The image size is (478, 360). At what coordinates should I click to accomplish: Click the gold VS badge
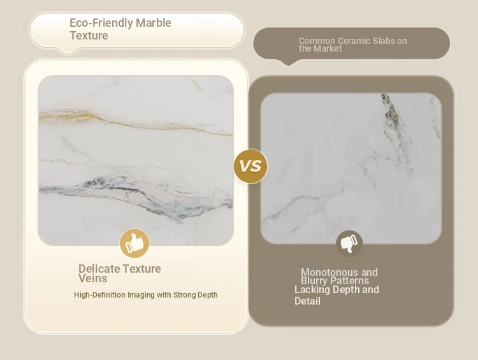pyautogui.click(x=250, y=166)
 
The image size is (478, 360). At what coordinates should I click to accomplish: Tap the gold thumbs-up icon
pyautogui.click(x=134, y=243)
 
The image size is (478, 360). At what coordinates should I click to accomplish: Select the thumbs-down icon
pyautogui.click(x=349, y=244)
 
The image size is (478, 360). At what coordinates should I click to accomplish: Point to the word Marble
pyautogui.click(x=154, y=23)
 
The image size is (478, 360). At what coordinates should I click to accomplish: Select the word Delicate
pyautogui.click(x=99, y=269)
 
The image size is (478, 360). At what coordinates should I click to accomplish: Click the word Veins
pyautogui.click(x=92, y=278)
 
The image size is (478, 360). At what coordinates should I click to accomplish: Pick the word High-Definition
pyautogui.click(x=99, y=295)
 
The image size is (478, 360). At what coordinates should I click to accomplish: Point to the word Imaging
pyautogui.click(x=141, y=295)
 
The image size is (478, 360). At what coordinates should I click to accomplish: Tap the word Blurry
pyautogui.click(x=314, y=281)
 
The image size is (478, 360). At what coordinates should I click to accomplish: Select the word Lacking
pyautogui.click(x=312, y=289)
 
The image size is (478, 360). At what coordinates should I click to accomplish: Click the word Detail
pyautogui.click(x=307, y=301)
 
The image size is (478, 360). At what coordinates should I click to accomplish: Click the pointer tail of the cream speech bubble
pyautogui.click(x=69, y=52)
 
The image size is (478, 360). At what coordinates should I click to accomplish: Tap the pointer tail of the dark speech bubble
pyautogui.click(x=288, y=62)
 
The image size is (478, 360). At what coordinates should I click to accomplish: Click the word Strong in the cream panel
pyautogui.click(x=184, y=295)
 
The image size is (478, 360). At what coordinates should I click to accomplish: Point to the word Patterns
pyautogui.click(x=349, y=281)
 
